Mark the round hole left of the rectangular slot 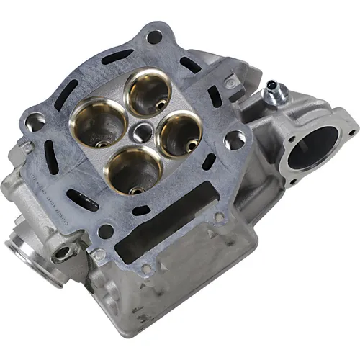(x=104, y=232)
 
